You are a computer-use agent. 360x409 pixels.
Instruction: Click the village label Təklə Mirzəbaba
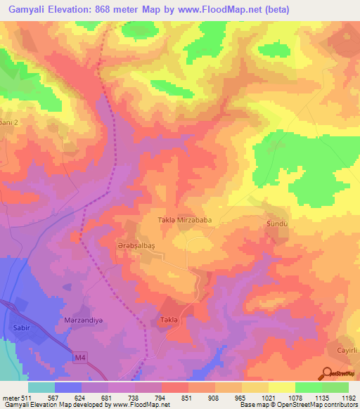(x=184, y=220)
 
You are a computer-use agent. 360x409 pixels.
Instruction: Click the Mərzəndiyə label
(x=79, y=320)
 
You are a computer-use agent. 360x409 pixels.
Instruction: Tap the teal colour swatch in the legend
(x=41, y=387)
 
